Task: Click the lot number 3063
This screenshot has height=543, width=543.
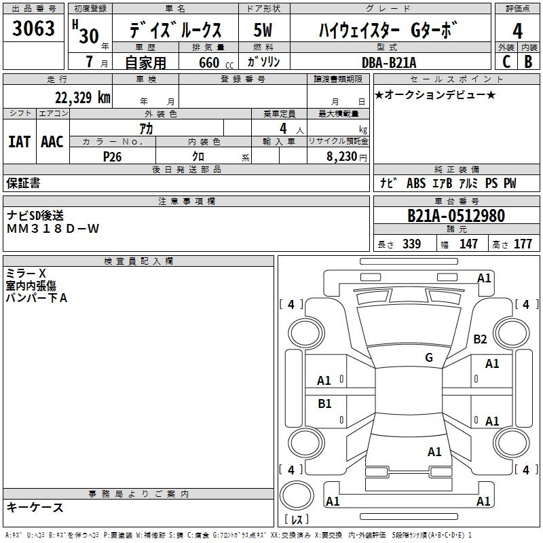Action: point(33,29)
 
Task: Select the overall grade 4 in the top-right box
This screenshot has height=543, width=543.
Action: point(517,31)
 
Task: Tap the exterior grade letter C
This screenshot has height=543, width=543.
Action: point(506,62)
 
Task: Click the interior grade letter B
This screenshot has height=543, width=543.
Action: point(528,62)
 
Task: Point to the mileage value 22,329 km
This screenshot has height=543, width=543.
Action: point(82,98)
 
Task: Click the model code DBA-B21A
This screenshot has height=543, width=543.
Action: point(389,62)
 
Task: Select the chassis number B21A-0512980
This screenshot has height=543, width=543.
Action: point(456,216)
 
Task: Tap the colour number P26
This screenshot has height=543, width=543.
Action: point(112,157)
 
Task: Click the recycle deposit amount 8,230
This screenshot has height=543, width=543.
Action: point(342,157)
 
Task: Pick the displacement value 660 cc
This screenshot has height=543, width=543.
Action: point(216,62)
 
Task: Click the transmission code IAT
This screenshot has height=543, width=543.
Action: point(19,142)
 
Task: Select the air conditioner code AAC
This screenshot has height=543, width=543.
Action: point(52,142)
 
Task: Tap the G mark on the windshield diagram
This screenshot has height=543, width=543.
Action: point(429,357)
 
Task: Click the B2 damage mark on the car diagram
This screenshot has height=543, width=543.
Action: point(480,339)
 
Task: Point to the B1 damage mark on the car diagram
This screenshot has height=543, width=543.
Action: point(324,403)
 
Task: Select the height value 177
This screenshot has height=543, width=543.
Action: point(523,244)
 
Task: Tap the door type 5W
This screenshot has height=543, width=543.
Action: point(263,30)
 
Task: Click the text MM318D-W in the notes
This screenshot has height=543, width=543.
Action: point(53,229)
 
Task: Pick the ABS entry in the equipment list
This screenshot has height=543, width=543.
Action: point(416,183)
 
